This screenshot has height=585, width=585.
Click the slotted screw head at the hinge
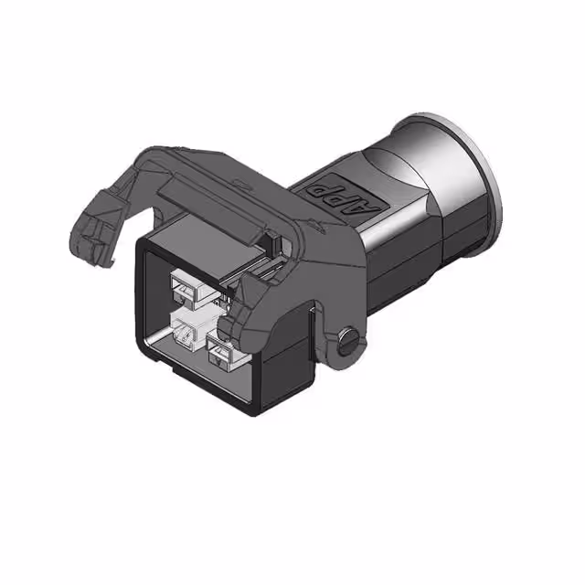click(x=347, y=340)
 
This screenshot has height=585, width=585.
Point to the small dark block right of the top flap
click(x=268, y=243)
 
